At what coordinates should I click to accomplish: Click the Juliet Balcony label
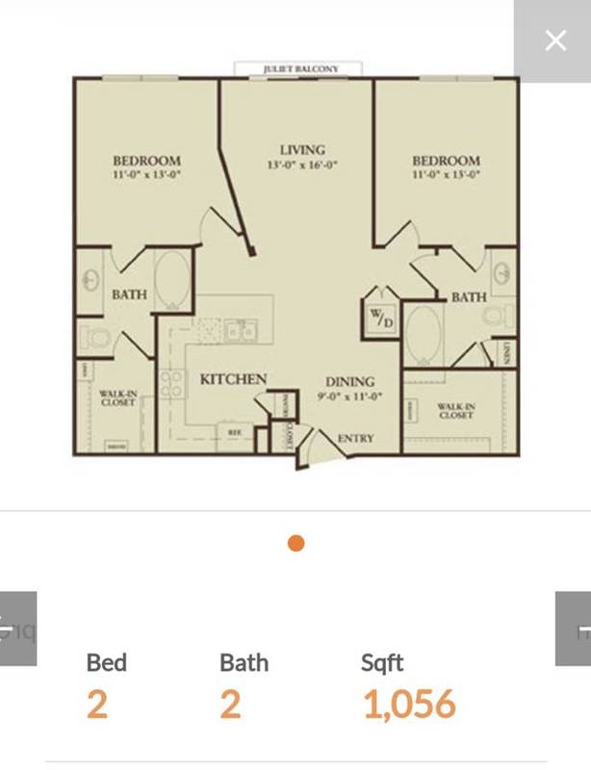(298, 69)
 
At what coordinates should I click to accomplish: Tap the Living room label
(302, 150)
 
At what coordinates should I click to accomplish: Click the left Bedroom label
(146, 161)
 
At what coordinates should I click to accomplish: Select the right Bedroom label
(446, 161)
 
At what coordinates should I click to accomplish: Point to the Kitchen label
(233, 379)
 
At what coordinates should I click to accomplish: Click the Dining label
(349, 382)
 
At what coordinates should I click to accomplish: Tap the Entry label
(355, 439)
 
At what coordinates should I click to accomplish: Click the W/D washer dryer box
(379, 317)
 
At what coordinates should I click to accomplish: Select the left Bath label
(129, 294)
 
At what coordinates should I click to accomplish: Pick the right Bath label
(469, 297)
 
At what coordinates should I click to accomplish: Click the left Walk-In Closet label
(117, 398)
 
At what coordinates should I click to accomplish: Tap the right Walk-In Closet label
(455, 411)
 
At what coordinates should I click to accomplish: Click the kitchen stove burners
(171, 383)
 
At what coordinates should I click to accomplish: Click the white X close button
(555, 40)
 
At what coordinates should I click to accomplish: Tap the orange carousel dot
(296, 543)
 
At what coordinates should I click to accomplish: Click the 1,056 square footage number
(409, 705)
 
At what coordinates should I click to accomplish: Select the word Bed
(107, 662)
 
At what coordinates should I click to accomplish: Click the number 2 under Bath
(230, 705)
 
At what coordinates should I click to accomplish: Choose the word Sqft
(382, 662)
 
